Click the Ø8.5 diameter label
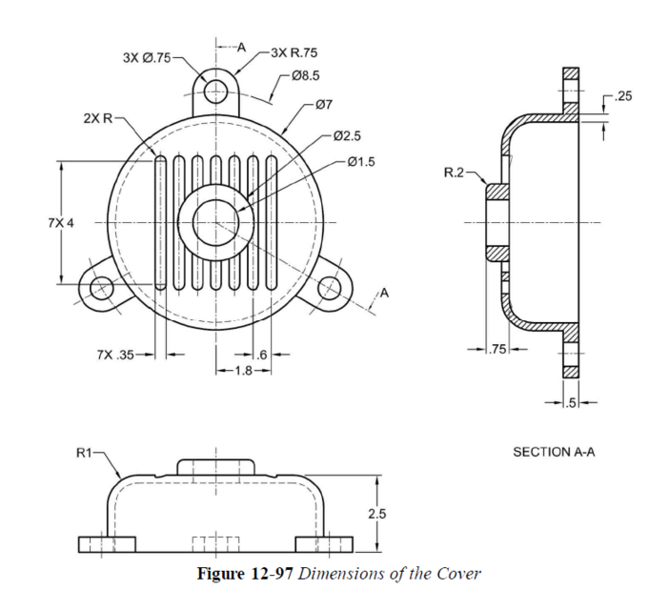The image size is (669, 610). pos(305,73)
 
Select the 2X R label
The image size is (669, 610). pos(97,119)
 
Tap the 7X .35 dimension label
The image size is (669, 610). pos(115,356)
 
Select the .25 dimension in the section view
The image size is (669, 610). pos(624,96)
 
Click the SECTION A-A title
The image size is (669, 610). pos(553,452)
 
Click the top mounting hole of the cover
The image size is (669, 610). pos(216,91)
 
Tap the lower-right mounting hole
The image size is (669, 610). pos(330,286)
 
